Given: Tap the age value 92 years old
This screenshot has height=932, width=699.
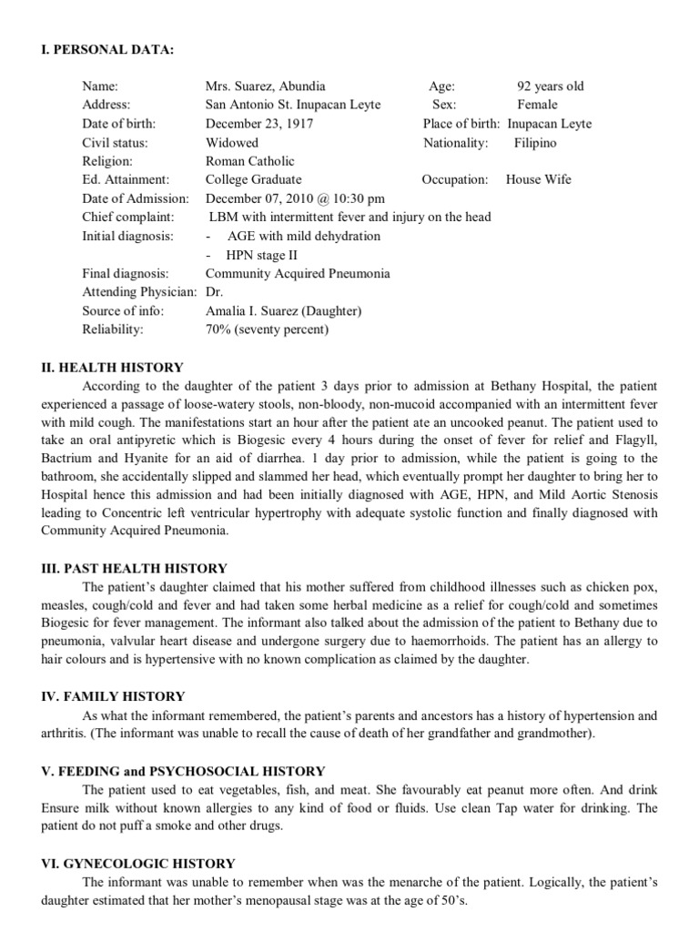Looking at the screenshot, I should [550, 86].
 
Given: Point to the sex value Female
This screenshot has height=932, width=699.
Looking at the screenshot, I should [537, 105].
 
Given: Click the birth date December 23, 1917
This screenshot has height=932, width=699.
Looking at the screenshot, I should [259, 124].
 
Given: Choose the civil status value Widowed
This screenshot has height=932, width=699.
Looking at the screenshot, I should [232, 143].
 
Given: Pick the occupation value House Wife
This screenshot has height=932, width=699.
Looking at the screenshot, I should [538, 179].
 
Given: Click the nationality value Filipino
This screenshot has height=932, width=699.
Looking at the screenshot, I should [535, 143].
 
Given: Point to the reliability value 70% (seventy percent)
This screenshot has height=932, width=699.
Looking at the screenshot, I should [267, 329].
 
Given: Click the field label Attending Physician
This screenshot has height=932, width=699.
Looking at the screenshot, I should [138, 292].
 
